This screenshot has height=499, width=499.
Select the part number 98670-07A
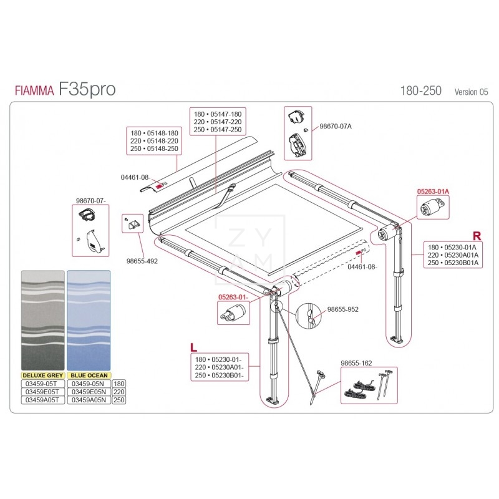point(336,126)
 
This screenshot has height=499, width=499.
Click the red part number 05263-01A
point(433,192)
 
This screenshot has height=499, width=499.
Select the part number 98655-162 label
point(356,362)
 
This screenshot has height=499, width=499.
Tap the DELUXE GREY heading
point(42,375)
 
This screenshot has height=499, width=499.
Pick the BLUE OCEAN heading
point(89,375)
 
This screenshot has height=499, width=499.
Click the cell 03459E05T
point(42,392)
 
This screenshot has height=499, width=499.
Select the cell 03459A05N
point(89,400)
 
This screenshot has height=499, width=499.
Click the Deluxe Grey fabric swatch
point(42,321)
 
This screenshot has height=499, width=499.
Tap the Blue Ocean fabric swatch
point(89,321)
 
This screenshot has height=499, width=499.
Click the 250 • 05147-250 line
point(218,130)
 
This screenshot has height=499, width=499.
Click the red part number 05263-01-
point(233,298)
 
